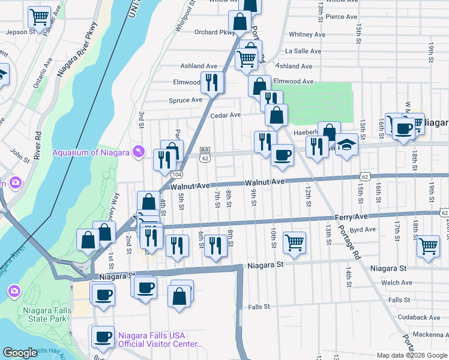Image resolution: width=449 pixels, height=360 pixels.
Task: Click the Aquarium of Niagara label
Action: pos(91,152)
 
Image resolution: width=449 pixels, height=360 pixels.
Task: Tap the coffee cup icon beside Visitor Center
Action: pos(103,337)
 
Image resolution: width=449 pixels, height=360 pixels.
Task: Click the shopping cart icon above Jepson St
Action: pos(39,17)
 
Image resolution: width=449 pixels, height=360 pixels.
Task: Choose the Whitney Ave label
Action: pos(307,35)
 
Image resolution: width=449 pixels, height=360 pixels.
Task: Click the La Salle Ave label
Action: pos(306,51)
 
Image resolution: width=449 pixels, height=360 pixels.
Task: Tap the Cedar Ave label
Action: pos(225,115)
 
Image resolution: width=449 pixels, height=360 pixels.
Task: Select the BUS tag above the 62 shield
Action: pos(205,149)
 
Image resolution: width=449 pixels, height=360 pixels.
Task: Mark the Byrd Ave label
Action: pos(362,230)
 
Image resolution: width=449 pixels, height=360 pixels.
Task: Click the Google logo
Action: pos(20,353)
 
